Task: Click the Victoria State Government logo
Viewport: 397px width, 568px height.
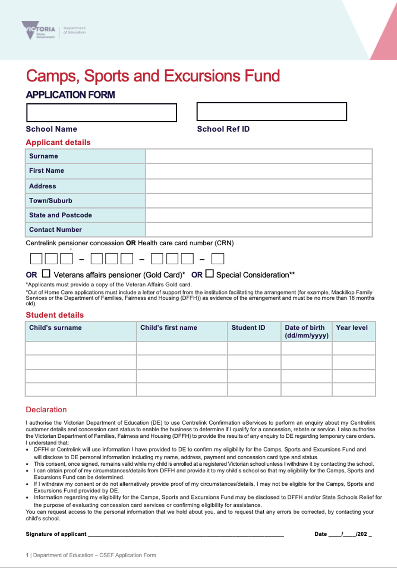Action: (x=38, y=30)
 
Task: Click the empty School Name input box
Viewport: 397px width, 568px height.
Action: (x=101, y=113)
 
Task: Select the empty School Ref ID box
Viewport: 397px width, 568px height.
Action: (x=271, y=112)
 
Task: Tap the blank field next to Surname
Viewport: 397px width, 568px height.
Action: (x=259, y=156)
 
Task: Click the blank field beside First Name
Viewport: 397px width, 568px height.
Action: (x=259, y=171)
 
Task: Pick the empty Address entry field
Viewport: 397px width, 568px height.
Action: (x=259, y=186)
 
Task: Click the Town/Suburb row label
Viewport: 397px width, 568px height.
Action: (x=51, y=201)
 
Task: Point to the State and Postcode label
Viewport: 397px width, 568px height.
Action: (x=60, y=215)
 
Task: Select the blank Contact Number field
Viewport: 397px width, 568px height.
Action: (x=259, y=230)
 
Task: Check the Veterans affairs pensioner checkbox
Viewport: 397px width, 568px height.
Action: (x=46, y=274)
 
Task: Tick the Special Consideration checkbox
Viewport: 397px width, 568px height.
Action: (x=210, y=274)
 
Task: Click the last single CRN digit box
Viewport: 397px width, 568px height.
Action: (x=217, y=259)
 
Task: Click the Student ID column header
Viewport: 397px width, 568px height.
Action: (x=249, y=328)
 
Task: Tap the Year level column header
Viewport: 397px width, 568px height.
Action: (x=352, y=328)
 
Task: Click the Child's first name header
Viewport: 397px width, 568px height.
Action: (x=169, y=328)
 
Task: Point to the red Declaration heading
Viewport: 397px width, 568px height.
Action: (x=46, y=410)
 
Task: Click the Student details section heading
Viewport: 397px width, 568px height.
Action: (x=55, y=315)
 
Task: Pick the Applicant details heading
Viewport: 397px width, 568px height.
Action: (x=58, y=142)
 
